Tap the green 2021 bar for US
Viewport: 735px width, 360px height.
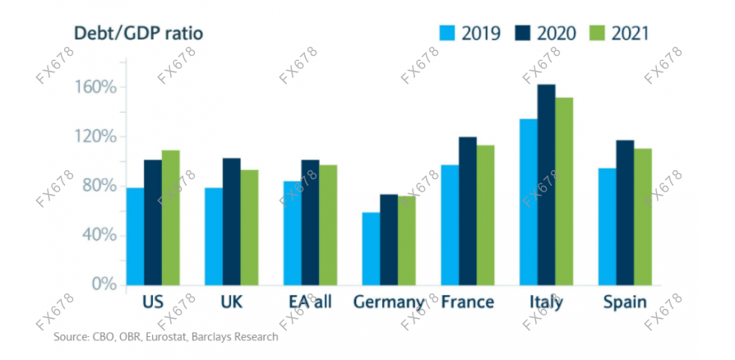(170, 217)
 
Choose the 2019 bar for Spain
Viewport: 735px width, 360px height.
(607, 226)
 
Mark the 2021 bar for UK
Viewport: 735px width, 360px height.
(249, 227)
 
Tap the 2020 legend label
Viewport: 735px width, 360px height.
(557, 33)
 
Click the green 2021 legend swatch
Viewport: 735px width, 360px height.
(597, 33)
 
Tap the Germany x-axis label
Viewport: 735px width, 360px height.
(388, 302)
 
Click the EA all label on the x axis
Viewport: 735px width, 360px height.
(309, 302)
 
